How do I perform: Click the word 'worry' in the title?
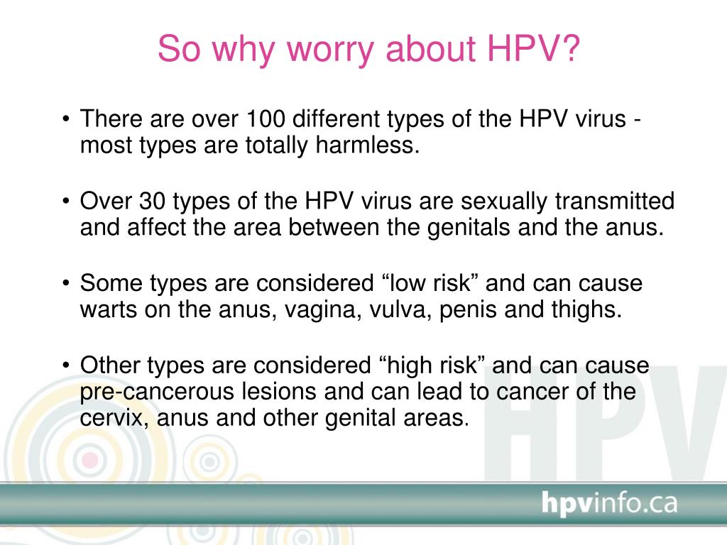tap(330, 50)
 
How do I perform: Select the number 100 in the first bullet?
tap(266, 119)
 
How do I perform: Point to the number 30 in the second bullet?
tap(152, 201)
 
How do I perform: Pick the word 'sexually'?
tap(504, 202)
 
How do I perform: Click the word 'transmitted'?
tap(615, 201)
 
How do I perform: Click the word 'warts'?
tap(109, 310)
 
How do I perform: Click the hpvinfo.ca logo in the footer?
tap(609, 503)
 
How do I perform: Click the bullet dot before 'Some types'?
tap(66, 282)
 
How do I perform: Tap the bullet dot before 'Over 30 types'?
tap(66, 201)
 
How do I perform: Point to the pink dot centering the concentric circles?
tap(90, 460)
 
